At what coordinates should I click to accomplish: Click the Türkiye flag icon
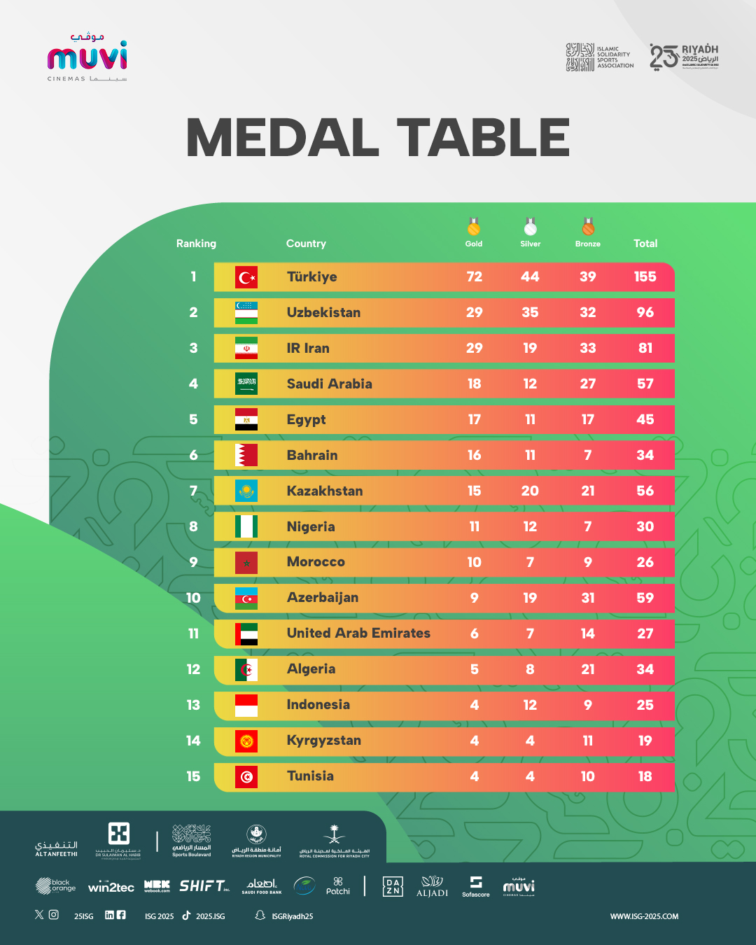pos(246,277)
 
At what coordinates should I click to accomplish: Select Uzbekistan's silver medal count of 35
pos(530,312)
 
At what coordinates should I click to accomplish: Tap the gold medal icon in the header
pos(474,227)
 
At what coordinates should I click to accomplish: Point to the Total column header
pos(645,244)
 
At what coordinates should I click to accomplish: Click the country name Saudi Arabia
pos(329,384)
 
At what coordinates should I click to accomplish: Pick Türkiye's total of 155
pos(645,276)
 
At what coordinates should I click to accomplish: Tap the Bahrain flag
pos(246,455)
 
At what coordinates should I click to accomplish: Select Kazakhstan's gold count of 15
pos(474,491)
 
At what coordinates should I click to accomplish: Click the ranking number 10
pos(193,598)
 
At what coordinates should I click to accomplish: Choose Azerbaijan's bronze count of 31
pos(587,598)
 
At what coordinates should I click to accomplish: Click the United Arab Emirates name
pos(358,633)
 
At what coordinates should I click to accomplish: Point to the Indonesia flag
pos(246,705)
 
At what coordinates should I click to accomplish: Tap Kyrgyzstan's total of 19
pos(645,741)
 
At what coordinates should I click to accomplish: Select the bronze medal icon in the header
pos(588,227)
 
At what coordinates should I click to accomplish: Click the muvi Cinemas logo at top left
pos(87,57)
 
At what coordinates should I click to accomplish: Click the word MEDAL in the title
pos(282,137)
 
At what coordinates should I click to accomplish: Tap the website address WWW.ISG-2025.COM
pos(644,916)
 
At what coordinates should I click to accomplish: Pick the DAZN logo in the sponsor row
pos(393,887)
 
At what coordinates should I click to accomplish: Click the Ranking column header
pos(196,244)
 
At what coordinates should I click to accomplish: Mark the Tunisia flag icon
pos(246,776)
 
